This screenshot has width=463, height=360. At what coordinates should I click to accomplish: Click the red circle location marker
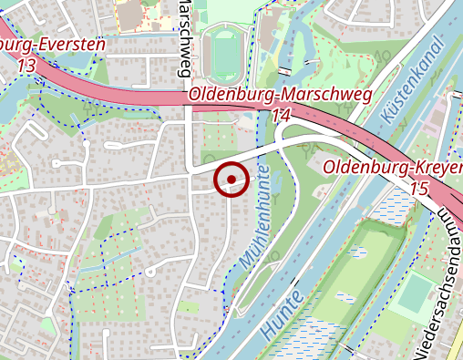(231, 179)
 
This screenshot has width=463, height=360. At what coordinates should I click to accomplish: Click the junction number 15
(419, 188)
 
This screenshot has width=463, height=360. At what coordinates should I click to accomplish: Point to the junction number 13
(26, 66)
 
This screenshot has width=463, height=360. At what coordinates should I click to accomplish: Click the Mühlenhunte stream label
(256, 219)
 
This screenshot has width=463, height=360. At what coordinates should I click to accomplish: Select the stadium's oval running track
(222, 52)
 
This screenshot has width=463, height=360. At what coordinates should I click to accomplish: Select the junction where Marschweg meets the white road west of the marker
(190, 170)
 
